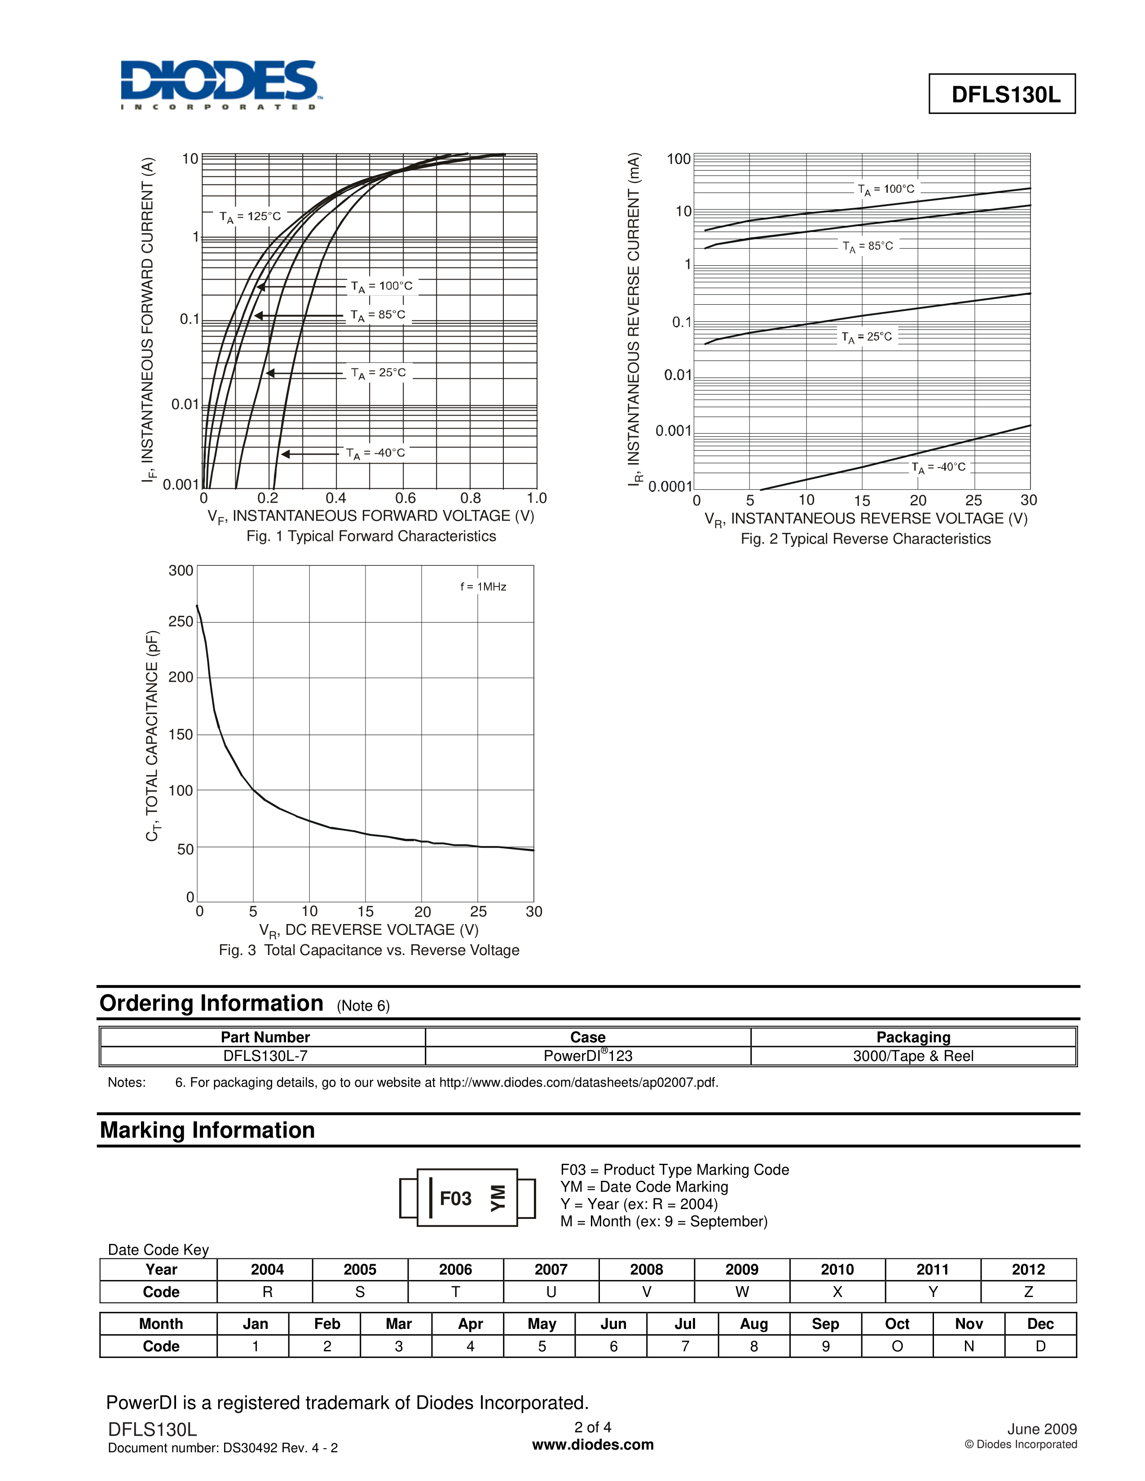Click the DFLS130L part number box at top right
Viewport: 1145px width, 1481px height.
[x=1002, y=94]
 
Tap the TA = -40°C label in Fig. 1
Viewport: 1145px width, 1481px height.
[x=375, y=453]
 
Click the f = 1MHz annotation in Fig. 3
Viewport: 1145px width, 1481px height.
[x=483, y=587]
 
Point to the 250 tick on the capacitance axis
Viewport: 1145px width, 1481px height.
[x=181, y=621]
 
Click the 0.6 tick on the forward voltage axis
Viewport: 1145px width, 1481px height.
[x=405, y=499]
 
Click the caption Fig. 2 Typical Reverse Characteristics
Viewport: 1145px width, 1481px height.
[x=866, y=539]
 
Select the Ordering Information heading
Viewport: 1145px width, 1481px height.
[x=211, y=1003]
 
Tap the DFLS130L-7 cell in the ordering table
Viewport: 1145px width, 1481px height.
[x=265, y=1056]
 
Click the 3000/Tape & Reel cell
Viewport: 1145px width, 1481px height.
[x=913, y=1056]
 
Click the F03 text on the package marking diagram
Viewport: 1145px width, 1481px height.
[x=455, y=1199]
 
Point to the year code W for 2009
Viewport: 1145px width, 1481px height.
[x=742, y=1292]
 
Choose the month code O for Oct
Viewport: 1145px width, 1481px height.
[x=897, y=1346]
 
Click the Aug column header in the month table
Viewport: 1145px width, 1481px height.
[x=753, y=1323]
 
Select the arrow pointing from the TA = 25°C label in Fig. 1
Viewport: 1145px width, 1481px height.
[x=305, y=373]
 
